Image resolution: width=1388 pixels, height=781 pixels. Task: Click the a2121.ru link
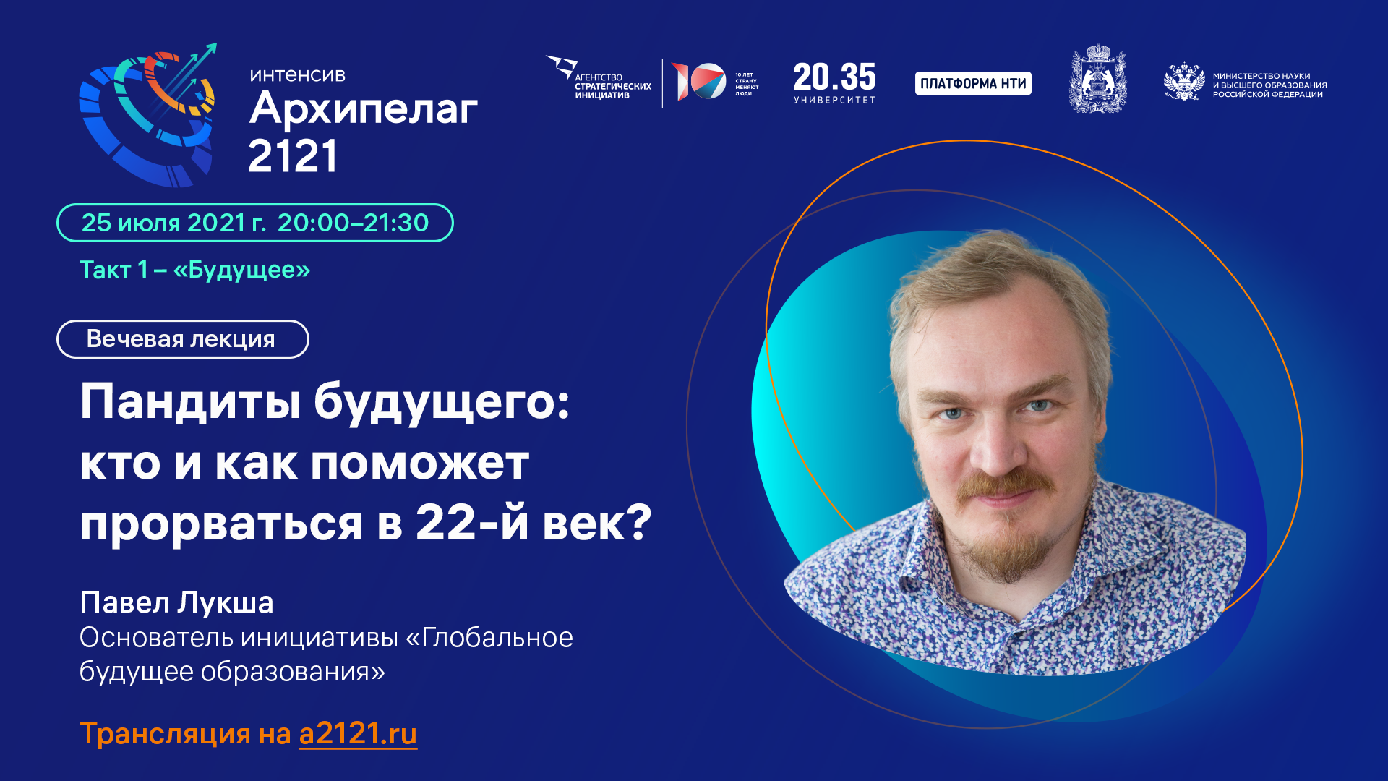(358, 734)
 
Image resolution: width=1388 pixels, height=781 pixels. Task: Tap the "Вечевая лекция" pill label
(181, 339)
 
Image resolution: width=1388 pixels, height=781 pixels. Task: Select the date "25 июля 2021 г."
(173, 223)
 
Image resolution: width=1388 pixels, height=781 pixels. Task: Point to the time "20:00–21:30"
(353, 223)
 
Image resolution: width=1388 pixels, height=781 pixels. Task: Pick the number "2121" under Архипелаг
(293, 156)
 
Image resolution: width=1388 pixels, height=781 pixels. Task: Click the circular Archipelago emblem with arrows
(148, 116)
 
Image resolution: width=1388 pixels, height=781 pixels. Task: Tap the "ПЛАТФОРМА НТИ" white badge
(973, 84)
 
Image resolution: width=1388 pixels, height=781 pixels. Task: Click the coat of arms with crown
(1097, 80)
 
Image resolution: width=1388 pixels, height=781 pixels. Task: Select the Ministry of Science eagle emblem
(1183, 82)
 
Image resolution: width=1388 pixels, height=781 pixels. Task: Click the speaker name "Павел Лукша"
(176, 602)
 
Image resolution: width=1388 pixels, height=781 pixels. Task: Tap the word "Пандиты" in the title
(190, 401)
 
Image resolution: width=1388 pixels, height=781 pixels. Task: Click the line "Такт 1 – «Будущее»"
(194, 270)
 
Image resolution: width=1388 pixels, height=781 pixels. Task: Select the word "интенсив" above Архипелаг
(297, 75)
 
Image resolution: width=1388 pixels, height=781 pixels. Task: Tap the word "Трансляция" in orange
(166, 734)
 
